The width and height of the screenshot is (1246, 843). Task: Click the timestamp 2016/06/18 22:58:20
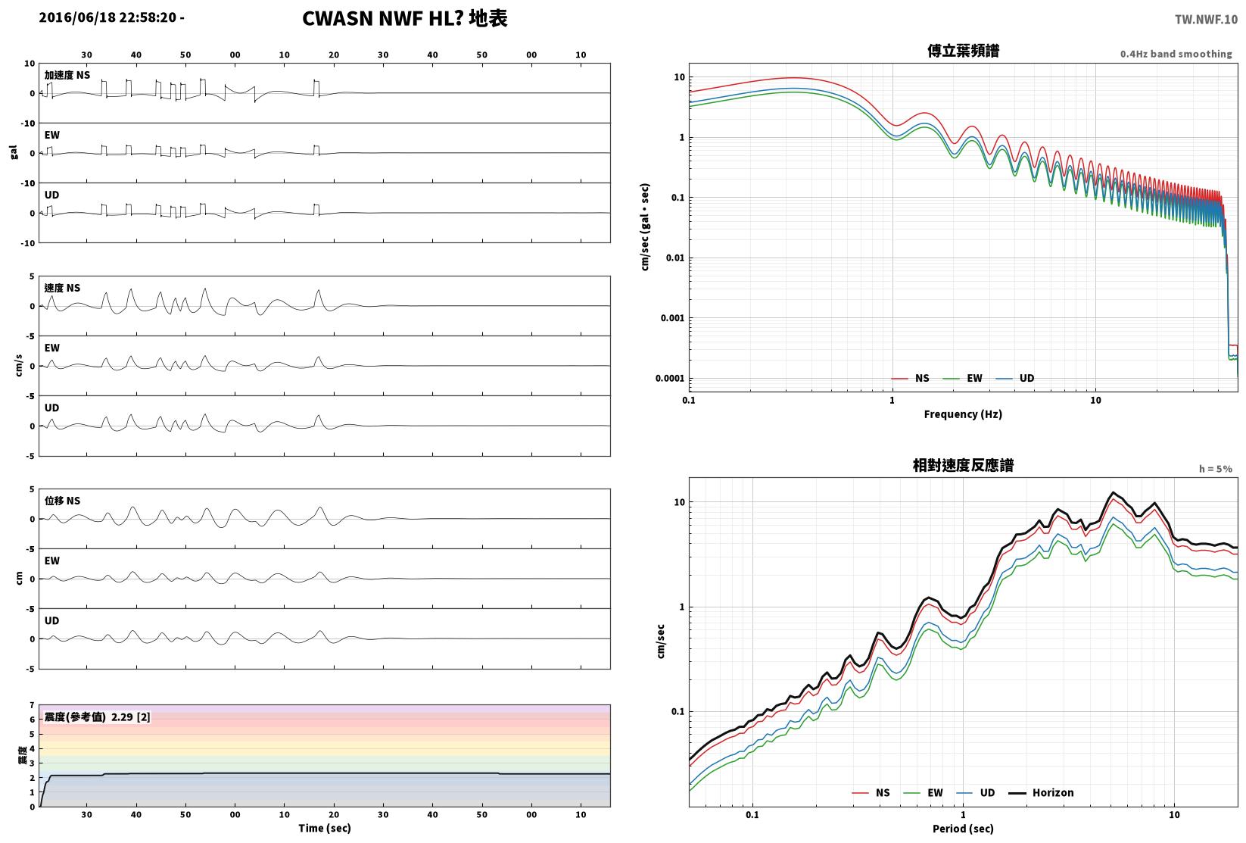pyautogui.click(x=108, y=17)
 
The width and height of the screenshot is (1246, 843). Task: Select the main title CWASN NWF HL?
pyautogui.click(x=383, y=18)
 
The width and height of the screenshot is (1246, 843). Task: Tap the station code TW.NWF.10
pyautogui.click(x=1206, y=20)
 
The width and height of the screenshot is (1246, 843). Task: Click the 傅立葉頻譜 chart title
pyautogui.click(x=963, y=51)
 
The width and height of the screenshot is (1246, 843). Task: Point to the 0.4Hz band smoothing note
pyautogui.click(x=1176, y=54)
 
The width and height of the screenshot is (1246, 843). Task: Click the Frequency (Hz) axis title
pyautogui.click(x=963, y=414)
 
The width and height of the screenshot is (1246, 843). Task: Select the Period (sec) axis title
pyautogui.click(x=963, y=829)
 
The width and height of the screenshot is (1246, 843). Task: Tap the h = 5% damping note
pyautogui.click(x=1216, y=469)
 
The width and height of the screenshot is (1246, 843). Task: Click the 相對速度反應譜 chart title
pyautogui.click(x=963, y=465)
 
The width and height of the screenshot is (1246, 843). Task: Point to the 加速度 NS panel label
pyautogui.click(x=67, y=75)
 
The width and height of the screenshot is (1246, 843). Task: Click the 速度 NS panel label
pyautogui.click(x=62, y=289)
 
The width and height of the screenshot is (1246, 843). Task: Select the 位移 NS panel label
pyautogui.click(x=62, y=501)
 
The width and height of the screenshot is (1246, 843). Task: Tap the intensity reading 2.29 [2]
pyautogui.click(x=131, y=717)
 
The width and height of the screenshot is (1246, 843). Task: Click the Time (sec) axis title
pyautogui.click(x=325, y=828)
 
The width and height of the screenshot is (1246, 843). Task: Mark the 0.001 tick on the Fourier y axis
pyautogui.click(x=672, y=318)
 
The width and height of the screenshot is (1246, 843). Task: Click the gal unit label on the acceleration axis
pyautogui.click(x=14, y=152)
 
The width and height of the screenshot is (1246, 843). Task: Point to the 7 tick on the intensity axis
pyautogui.click(x=33, y=706)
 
